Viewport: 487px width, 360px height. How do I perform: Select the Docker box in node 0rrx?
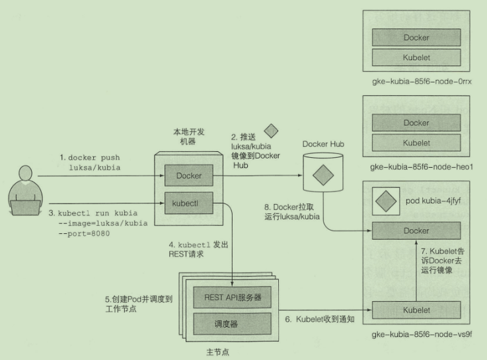coord(416,38)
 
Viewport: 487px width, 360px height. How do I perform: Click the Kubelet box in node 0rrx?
coord(416,57)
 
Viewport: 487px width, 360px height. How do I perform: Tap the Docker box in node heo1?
coord(416,123)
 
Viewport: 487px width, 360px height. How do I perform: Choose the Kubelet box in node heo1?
coord(416,143)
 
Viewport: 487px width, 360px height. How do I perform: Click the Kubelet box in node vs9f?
coord(416,310)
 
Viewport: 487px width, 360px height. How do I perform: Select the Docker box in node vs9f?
coord(416,231)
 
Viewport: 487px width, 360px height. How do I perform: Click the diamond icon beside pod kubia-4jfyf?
coord(385,199)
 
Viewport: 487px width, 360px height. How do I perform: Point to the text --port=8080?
coord(85,233)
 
